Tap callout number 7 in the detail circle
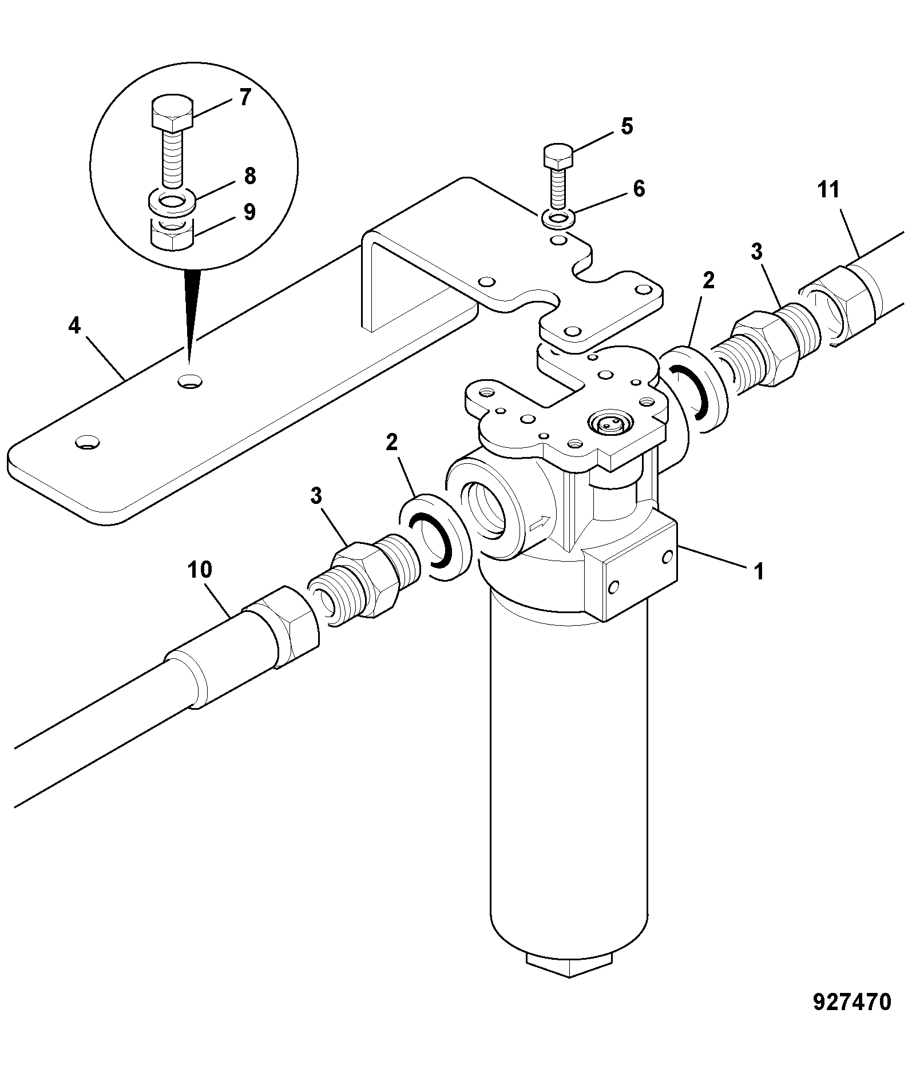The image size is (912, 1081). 245,97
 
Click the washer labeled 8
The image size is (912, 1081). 173,202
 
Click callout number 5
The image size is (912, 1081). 627,126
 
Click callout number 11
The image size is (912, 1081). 828,189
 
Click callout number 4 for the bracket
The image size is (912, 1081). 74,326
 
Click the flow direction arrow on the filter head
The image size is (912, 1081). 541,523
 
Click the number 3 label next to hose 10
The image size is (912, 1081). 316,496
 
